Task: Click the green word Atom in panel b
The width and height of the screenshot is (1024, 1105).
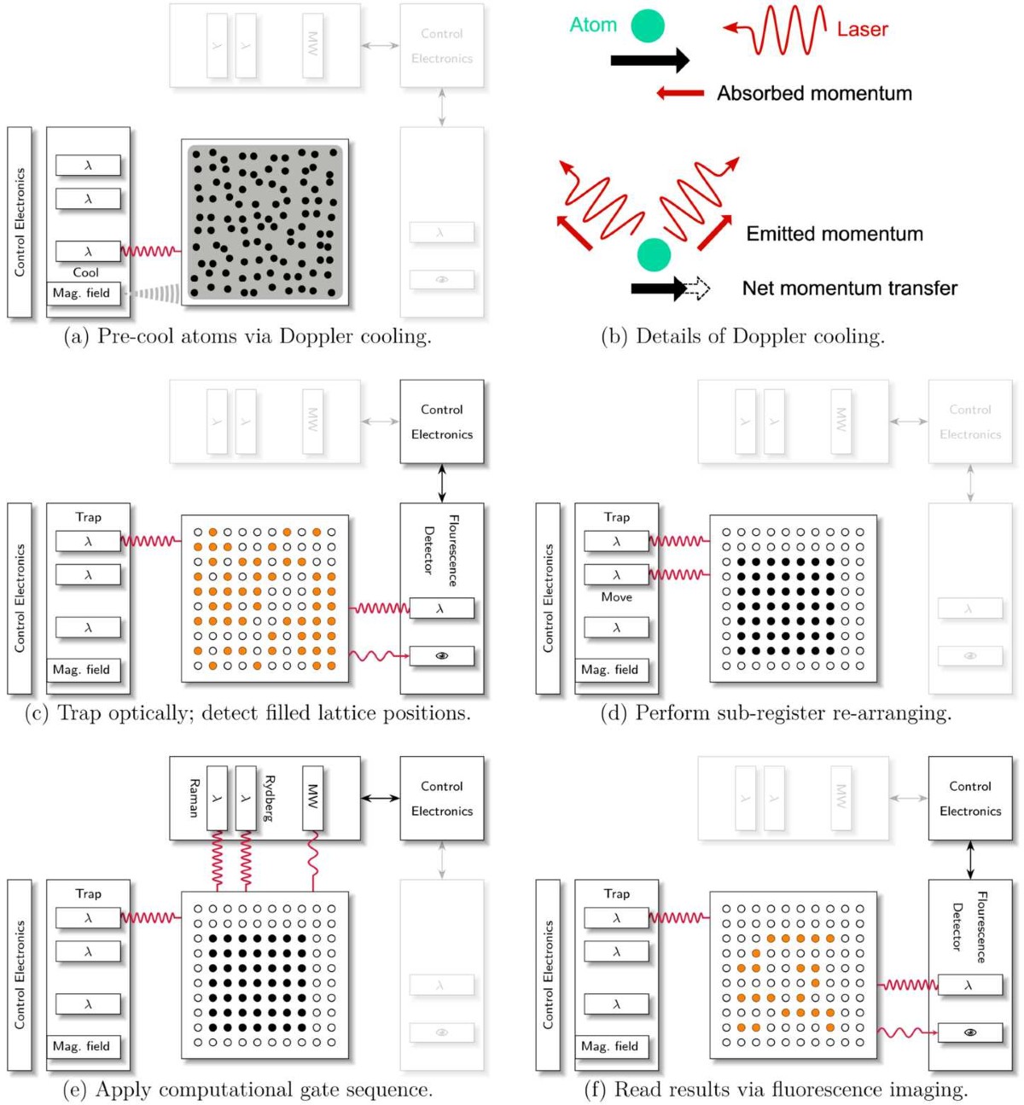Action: coord(593,25)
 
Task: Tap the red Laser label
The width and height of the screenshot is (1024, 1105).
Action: coord(862,30)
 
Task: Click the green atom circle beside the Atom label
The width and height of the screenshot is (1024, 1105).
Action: coord(648,26)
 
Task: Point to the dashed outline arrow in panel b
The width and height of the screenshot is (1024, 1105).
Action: coord(699,288)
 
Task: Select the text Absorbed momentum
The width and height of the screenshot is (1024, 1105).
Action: coord(814,93)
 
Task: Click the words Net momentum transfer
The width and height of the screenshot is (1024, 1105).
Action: coord(849,288)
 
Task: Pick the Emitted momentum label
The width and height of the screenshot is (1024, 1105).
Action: coord(835,234)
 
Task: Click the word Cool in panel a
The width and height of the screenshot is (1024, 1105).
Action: coord(85,272)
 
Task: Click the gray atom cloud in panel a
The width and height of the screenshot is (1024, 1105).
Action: coord(265,222)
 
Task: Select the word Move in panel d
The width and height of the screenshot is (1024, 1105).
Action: coord(616,597)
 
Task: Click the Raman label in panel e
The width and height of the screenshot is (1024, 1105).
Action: coord(194,798)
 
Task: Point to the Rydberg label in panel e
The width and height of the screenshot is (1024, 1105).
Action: coord(270,798)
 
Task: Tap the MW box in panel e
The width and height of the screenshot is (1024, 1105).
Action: coord(313,798)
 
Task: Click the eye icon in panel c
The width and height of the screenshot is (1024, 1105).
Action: coord(442,656)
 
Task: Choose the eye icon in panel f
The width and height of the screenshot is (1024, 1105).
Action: coord(970,1032)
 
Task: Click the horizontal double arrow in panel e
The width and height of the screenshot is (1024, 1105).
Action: coord(380,799)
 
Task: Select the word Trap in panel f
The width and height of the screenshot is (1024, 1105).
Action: coord(616,893)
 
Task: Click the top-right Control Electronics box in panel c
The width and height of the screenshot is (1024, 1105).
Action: coord(442,422)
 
